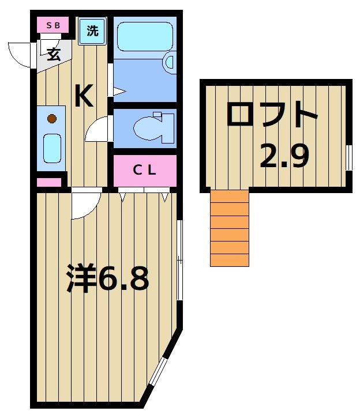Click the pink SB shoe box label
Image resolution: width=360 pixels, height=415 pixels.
(x=52, y=25)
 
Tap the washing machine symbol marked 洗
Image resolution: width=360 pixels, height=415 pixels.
(x=92, y=31)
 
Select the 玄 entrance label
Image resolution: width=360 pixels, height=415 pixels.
(x=54, y=55)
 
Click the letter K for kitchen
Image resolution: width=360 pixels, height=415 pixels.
(x=84, y=96)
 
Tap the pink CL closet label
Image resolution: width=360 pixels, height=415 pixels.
(x=144, y=169)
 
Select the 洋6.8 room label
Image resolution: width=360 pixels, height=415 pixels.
(x=107, y=279)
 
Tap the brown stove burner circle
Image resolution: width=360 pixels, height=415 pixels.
(x=52, y=119)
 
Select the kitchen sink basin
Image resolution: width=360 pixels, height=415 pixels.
(x=52, y=149)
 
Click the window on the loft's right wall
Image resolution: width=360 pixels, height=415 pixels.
(x=348, y=157)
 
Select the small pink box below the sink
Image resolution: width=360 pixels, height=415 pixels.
(x=49, y=183)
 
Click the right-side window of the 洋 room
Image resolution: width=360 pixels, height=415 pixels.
(x=179, y=259)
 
